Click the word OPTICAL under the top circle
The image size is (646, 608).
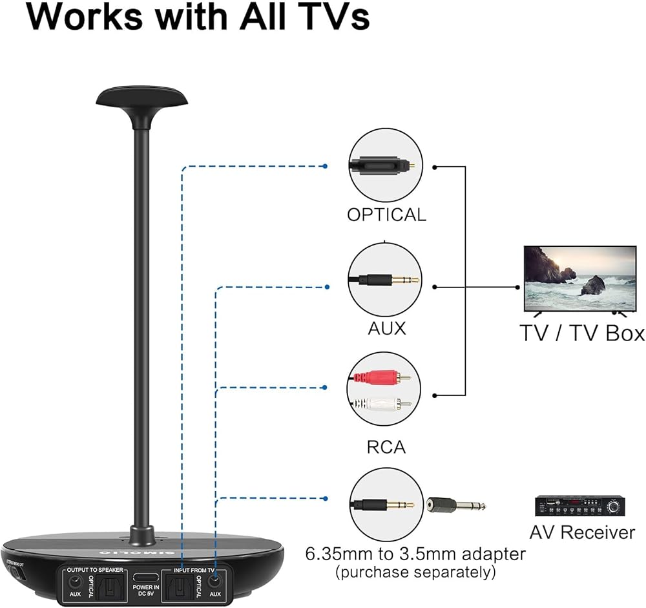coord(386,215)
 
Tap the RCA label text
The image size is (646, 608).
coord(386,446)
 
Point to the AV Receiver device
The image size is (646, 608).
coord(579,505)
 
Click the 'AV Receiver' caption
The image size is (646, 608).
coord(582,532)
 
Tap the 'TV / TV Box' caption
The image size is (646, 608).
coord(582,333)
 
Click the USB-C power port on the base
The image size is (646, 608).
coord(147,578)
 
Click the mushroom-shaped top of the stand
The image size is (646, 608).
coord(142,98)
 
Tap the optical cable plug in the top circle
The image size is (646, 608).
coord(384,167)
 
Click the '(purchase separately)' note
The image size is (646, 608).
coord(415,572)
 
